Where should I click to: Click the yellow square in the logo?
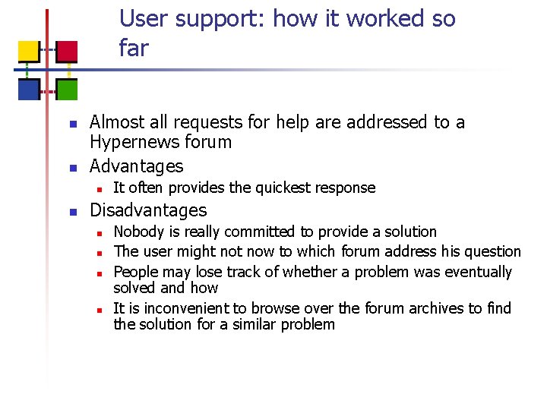pos(28,51)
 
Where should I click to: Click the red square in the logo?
pos(68,51)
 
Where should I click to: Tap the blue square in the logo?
pos(28,90)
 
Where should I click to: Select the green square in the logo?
pos(68,90)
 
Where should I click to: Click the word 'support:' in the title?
pos(220,19)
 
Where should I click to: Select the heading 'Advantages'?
pos(137,166)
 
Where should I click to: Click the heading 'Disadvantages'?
pos(148,210)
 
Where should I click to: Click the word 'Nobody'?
pos(138,232)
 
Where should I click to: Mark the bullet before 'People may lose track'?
pos(99,273)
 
